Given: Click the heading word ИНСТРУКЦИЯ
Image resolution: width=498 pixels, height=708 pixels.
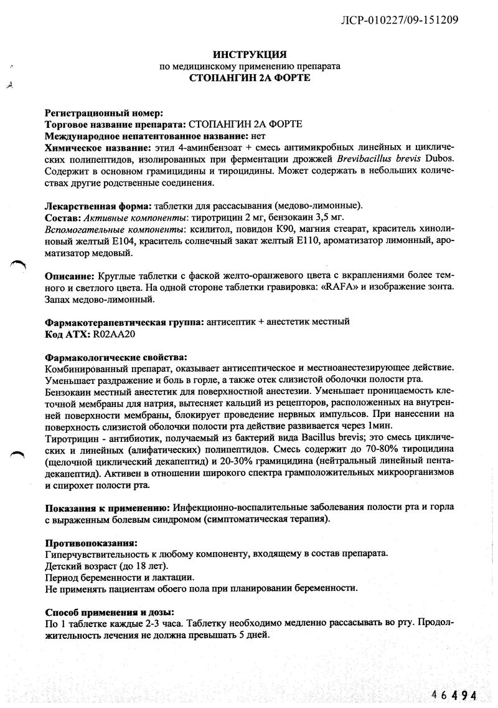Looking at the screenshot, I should [249, 55].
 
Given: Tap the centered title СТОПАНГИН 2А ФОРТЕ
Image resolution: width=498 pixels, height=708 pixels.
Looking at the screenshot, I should [249, 78].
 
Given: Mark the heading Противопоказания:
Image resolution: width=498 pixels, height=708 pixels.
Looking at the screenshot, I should [92, 542].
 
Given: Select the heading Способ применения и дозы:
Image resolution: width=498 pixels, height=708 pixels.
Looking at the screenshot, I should [110, 612].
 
